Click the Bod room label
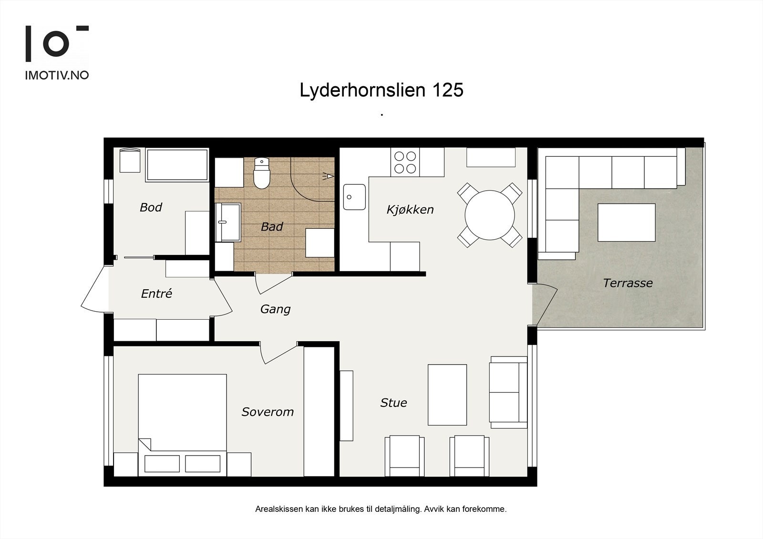[x=151, y=207]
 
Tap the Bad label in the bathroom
[x=272, y=227]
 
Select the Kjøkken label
[x=410, y=210]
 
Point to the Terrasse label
[x=628, y=283]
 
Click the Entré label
[x=157, y=294]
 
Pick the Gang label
[x=275, y=309]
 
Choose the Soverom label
[x=268, y=412]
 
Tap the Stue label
[x=393, y=403]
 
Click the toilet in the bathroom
[x=262, y=173]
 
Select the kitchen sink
[x=354, y=197]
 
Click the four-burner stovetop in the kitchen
[x=405, y=162]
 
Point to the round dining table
[x=489, y=215]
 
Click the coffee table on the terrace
[x=627, y=223]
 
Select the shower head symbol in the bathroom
[x=329, y=176]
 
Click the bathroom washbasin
[x=228, y=222]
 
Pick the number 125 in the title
[x=448, y=90]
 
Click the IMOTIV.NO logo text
[x=57, y=75]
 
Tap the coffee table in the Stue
[x=447, y=395]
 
